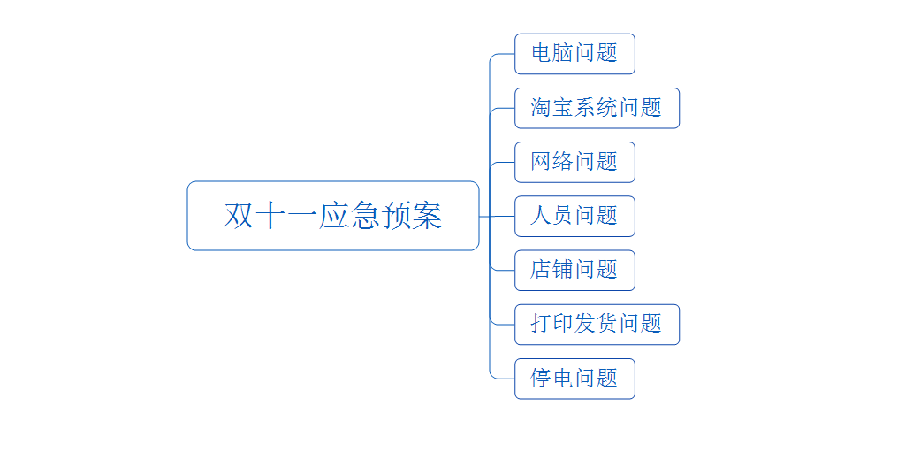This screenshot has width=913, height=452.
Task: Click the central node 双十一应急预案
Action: (332, 216)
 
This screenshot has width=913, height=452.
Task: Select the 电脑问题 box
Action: (574, 54)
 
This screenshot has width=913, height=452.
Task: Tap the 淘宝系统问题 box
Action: (597, 108)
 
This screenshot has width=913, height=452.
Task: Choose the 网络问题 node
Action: (574, 162)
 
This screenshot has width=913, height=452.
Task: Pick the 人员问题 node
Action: (574, 216)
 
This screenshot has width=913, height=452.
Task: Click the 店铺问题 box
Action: (574, 270)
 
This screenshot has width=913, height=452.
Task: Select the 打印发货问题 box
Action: (597, 324)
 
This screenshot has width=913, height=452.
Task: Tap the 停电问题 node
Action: (574, 379)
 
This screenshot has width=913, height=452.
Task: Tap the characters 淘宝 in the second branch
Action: (552, 108)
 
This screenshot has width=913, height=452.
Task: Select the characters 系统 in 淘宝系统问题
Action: (597, 108)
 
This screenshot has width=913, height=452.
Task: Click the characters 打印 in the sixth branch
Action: (552, 324)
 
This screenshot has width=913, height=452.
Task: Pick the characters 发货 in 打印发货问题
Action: (597, 324)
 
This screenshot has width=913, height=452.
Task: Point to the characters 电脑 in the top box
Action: (552, 54)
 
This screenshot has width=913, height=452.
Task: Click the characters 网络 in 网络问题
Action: (552, 162)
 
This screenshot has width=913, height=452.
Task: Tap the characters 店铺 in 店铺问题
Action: (552, 270)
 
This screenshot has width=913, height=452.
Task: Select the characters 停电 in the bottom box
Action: (552, 379)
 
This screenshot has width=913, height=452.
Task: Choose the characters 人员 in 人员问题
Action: (552, 216)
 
